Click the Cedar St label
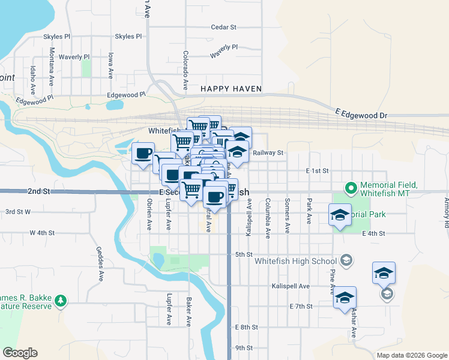pos(224,27)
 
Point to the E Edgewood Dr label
pos(362,114)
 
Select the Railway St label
pos(268,153)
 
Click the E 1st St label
pos(317,171)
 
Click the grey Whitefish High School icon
pos(346,260)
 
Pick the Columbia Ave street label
pos(268,217)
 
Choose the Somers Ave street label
pos(288,215)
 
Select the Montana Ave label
pos(52,65)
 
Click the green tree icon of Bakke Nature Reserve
pos(60,301)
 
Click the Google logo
pos(20,353)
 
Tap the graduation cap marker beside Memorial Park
pos(340,216)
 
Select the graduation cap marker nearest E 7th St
pos(345,298)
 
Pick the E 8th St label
pos(247,328)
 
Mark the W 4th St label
pos(43,232)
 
